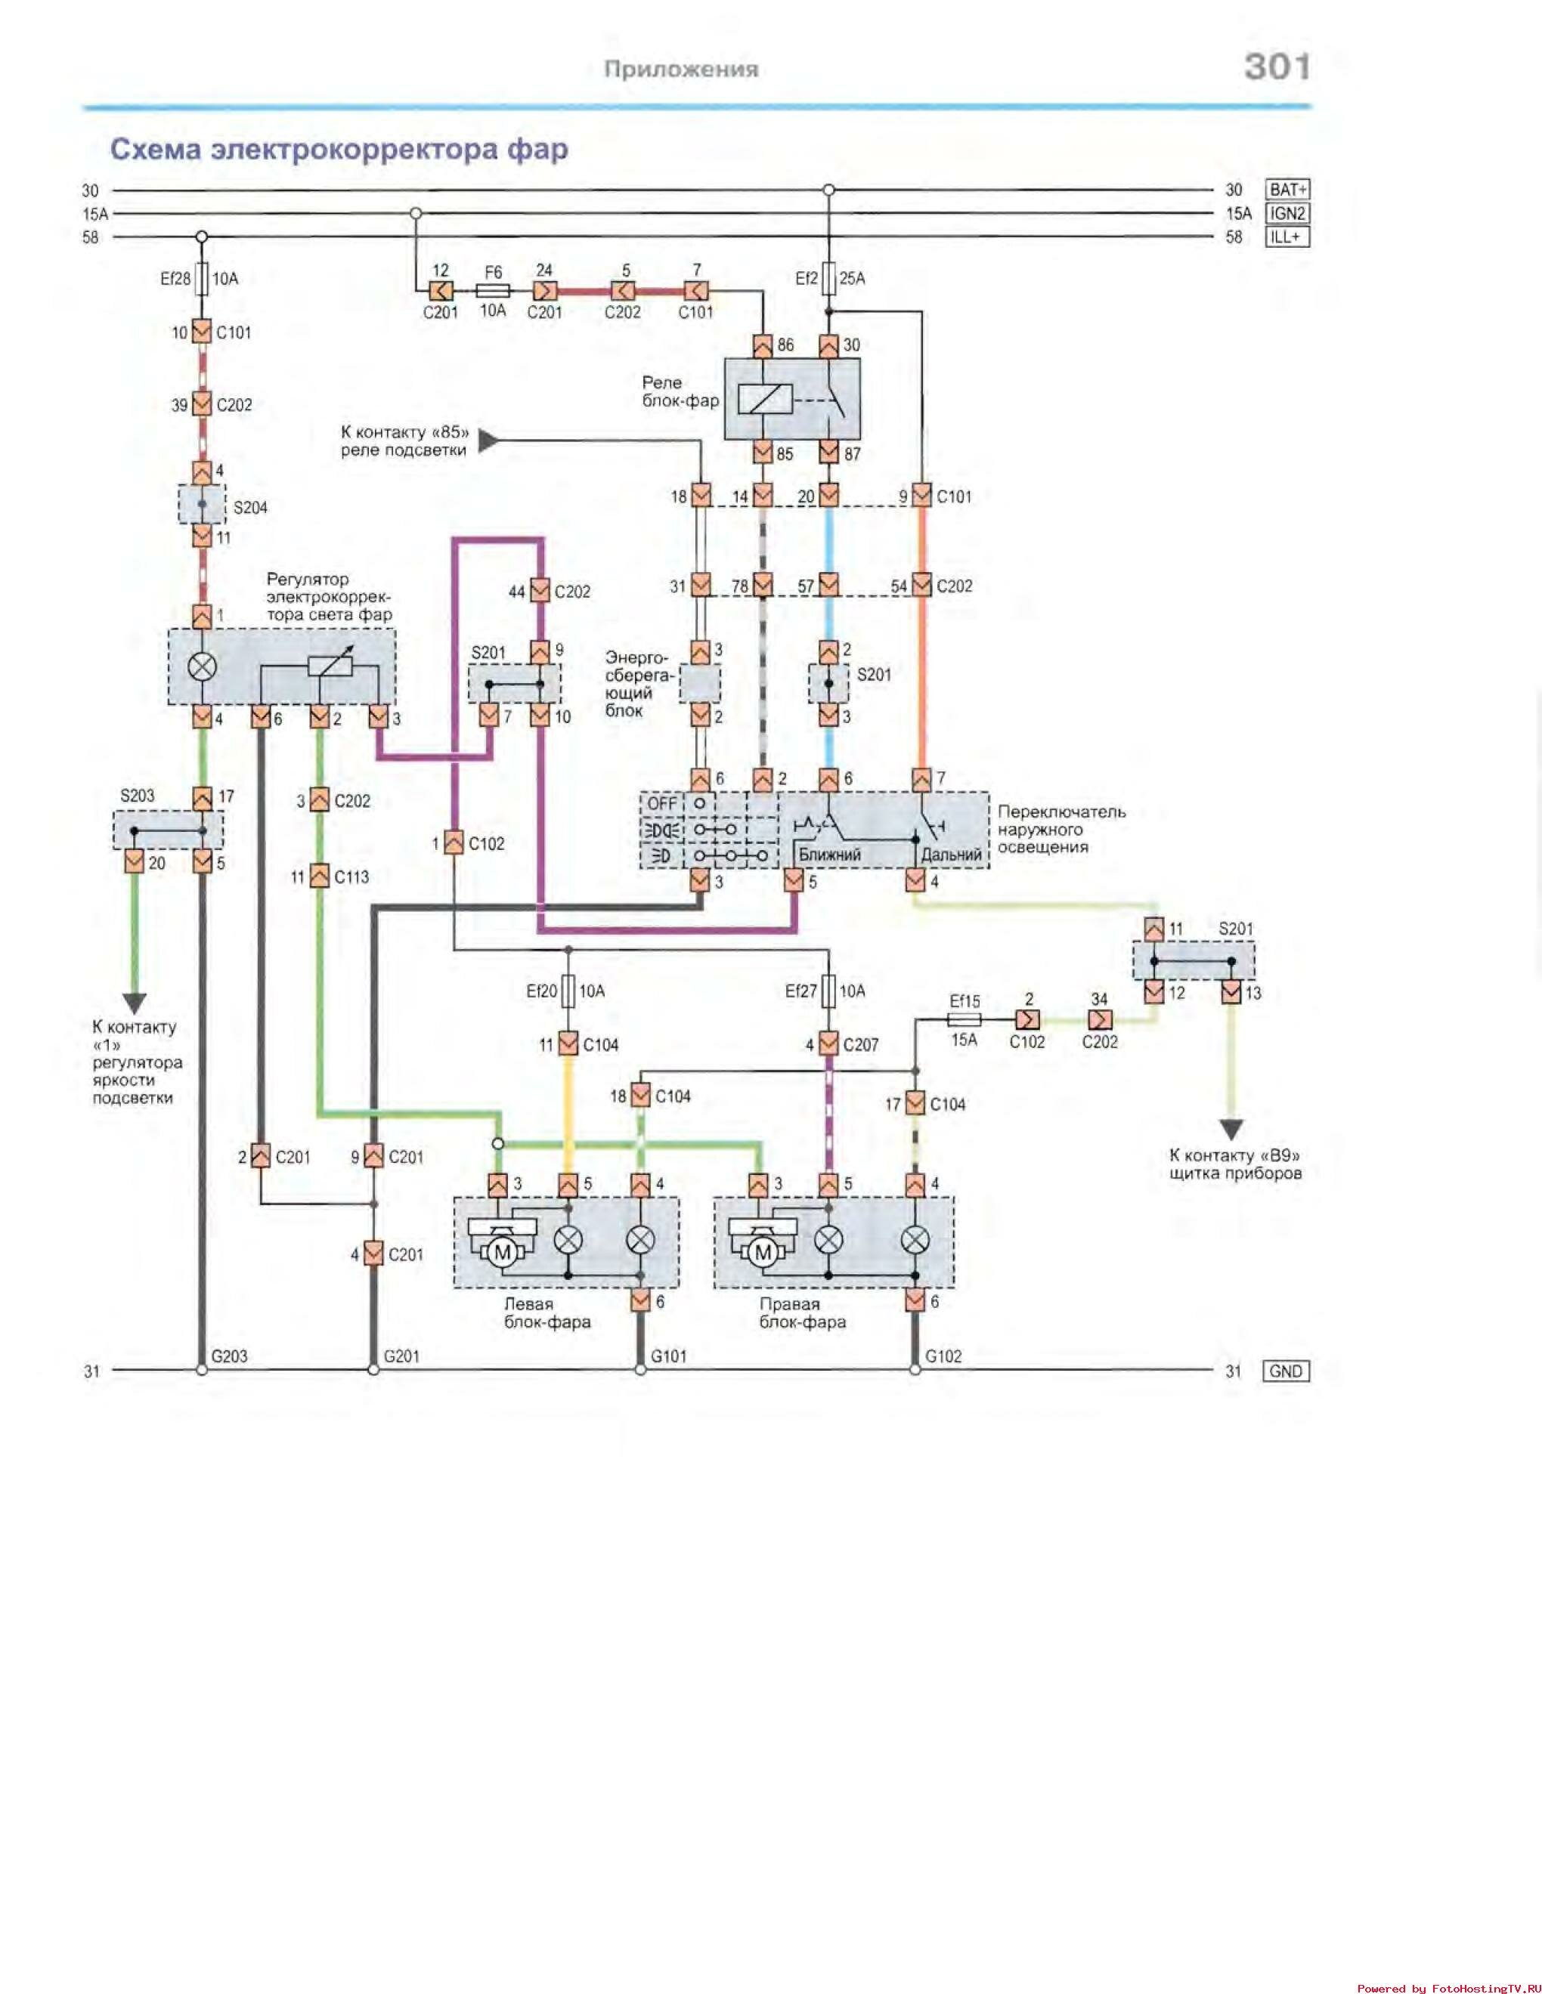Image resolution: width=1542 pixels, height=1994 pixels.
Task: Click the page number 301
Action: click(1277, 66)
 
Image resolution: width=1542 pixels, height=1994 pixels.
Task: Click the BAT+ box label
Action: click(1287, 190)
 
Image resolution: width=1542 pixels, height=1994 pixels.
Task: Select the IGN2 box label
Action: click(1287, 214)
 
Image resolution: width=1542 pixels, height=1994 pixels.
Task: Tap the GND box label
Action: click(1285, 1371)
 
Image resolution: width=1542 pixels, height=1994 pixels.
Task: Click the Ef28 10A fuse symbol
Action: click(202, 279)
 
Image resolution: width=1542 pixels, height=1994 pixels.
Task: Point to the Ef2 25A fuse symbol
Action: click(828, 279)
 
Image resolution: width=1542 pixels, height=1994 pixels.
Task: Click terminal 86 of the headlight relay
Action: click(763, 346)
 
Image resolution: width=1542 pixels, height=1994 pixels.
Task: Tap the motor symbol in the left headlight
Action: click(501, 1253)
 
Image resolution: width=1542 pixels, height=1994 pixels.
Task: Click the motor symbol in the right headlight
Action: click(763, 1253)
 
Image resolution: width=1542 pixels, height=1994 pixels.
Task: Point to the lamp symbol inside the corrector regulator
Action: click(202, 666)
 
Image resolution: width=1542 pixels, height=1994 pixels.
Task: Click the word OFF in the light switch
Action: click(662, 803)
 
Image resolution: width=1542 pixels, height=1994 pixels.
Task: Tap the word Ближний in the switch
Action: click(829, 855)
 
